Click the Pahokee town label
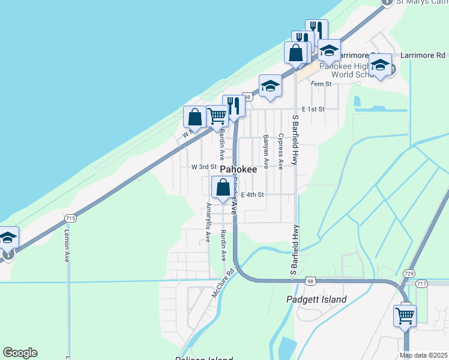tap(238, 170)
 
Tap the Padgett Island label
tap(317, 299)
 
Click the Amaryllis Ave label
tap(208, 222)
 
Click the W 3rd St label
tap(203, 167)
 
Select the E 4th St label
tap(253, 194)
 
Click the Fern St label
tap(321, 84)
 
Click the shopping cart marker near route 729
tap(405, 314)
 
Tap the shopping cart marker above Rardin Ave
tap(217, 115)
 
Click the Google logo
tap(20, 353)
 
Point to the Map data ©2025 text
tap(423, 355)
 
